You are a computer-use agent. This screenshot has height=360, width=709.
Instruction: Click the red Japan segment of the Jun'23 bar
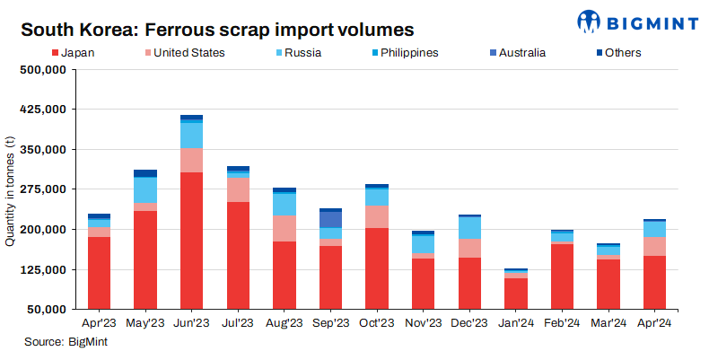click(191, 240)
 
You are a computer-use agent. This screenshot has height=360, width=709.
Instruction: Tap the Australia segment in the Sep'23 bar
click(331, 219)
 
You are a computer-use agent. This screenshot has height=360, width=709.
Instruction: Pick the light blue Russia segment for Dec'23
click(469, 227)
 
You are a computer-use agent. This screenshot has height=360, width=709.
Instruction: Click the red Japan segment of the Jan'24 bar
click(516, 293)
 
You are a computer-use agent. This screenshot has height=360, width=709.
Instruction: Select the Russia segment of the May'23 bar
click(145, 190)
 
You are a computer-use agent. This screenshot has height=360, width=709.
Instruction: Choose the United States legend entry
click(183, 53)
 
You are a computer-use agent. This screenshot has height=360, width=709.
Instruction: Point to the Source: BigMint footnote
click(67, 342)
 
